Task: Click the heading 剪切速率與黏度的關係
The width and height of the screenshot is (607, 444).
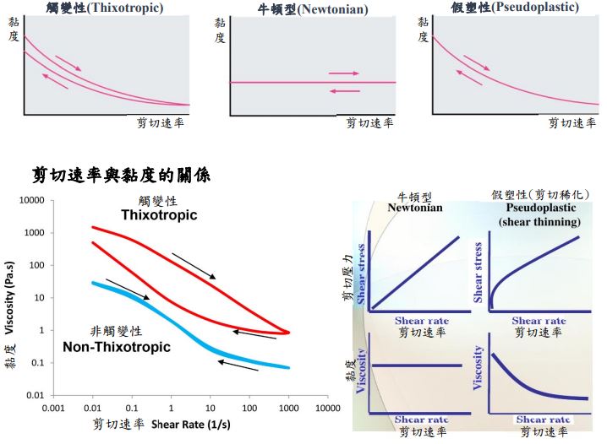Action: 121,175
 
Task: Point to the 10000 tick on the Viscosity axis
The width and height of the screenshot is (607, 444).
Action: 30,200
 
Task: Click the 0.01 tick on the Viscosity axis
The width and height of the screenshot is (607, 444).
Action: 34,395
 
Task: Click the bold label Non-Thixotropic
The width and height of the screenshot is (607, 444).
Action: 117,347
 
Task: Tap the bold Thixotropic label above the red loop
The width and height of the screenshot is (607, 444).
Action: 159,215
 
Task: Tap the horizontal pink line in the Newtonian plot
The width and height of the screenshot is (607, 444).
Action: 279,82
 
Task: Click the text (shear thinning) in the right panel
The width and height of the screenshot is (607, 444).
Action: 539,221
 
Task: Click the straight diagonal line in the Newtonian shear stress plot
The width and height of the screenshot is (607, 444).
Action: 418,272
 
